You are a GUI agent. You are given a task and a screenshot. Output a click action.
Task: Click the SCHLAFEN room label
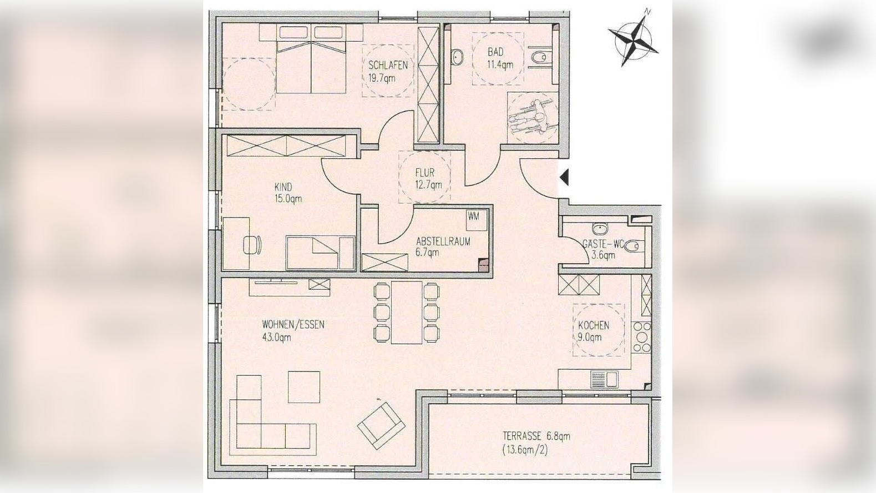pos(388,65)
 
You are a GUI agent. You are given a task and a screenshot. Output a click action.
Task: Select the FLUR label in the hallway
pos(425,173)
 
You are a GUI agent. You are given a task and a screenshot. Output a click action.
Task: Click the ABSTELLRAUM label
pos(443,242)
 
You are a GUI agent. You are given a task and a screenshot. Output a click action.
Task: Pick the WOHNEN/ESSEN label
pos(293,324)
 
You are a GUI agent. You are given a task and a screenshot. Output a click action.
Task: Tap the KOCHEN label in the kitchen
pos(593,325)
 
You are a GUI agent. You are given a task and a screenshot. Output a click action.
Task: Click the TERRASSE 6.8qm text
pos(536,436)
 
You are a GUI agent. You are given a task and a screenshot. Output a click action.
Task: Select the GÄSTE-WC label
pos(602,244)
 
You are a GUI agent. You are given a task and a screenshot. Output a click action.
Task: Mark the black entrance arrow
pos(564,178)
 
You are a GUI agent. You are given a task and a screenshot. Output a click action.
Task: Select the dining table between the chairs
pos(407,312)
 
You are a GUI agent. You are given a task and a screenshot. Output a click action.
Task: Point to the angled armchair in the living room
pos(380,426)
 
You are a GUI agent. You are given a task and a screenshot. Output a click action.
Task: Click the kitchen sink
pos(604,379)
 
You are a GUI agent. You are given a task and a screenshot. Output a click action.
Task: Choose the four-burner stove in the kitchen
pos(641,337)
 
